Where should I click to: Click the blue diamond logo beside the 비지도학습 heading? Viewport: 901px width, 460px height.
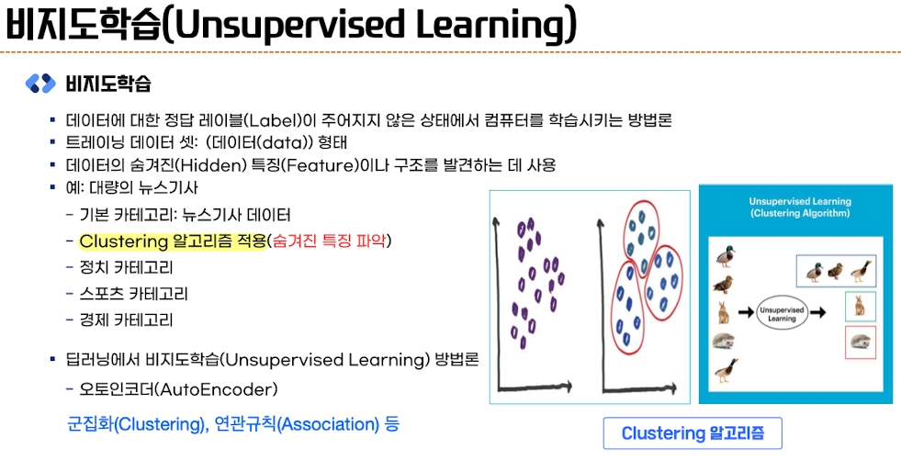click(x=40, y=84)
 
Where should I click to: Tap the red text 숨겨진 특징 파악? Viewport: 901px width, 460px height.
click(x=329, y=241)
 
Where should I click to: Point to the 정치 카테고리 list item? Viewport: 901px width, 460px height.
click(x=127, y=267)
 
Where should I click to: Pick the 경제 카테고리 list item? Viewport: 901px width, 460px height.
click(x=127, y=320)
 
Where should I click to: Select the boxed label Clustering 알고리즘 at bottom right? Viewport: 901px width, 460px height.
click(x=693, y=433)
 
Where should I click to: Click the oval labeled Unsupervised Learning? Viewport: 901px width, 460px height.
click(x=782, y=313)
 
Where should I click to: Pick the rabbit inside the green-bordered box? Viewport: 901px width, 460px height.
click(x=860, y=306)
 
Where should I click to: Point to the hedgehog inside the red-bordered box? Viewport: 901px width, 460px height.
click(x=861, y=342)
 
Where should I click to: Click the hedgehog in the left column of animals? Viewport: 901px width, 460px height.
click(x=726, y=341)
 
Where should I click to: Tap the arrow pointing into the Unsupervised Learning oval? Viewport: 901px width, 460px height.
click(x=745, y=313)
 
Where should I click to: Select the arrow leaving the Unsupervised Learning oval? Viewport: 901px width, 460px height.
click(x=819, y=313)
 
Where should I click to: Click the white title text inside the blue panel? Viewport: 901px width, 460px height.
click(x=799, y=208)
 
